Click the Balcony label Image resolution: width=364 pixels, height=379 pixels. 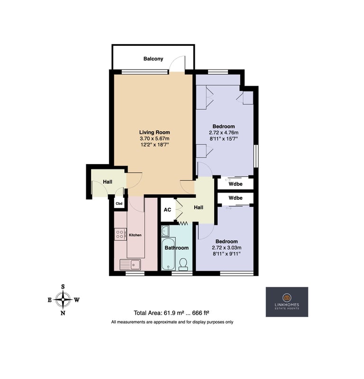point(153,59)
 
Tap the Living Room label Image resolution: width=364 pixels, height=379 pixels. point(155,132)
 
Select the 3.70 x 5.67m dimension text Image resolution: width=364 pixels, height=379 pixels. point(155,139)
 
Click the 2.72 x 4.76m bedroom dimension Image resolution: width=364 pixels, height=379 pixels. point(224,132)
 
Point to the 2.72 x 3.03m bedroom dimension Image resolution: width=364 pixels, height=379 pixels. point(227,247)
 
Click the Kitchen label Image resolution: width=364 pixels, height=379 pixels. point(135,235)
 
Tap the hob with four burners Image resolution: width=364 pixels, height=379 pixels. point(120,234)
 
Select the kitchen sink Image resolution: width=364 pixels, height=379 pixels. point(130,264)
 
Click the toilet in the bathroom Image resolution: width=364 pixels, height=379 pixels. point(183,264)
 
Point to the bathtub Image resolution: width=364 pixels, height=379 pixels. point(169,254)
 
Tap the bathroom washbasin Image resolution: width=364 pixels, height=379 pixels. point(165,231)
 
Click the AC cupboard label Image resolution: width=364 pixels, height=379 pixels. point(167,210)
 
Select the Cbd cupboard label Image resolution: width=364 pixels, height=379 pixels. point(119,203)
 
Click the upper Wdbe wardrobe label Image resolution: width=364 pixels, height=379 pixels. point(236,184)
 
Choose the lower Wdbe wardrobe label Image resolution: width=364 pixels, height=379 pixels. point(236,198)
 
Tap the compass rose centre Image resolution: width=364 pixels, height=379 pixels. point(63,300)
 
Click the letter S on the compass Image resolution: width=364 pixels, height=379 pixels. point(63,287)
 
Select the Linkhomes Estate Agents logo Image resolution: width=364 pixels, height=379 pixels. point(287,302)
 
